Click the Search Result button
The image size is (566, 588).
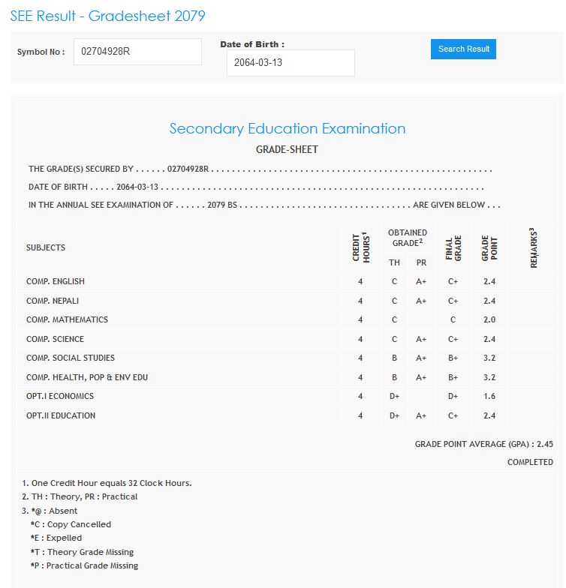[463, 49]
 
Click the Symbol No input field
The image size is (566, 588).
[137, 52]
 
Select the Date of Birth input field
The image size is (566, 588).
[290, 63]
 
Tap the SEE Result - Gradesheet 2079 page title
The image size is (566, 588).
[107, 16]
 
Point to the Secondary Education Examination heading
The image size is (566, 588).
[287, 128]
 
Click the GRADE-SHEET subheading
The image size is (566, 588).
[287, 149]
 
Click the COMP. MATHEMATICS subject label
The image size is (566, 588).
[67, 319]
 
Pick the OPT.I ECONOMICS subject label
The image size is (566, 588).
[60, 396]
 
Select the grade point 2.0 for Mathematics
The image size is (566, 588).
[489, 319]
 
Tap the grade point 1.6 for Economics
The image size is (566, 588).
[489, 396]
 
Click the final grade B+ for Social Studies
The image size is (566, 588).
[453, 358]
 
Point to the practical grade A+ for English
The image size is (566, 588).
[421, 281]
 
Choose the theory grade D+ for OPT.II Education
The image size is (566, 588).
[394, 415]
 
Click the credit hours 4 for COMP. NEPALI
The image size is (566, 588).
[360, 301]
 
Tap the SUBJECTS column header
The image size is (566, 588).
[46, 247]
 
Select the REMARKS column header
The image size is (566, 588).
[534, 247]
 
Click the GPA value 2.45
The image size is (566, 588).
[545, 444]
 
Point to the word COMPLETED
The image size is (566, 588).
[530, 462]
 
